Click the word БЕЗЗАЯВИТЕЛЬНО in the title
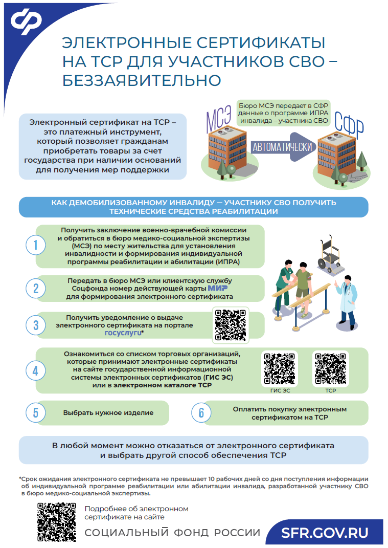click(x=142, y=80)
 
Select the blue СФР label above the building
click(x=349, y=124)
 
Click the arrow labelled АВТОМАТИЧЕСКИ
click(x=283, y=147)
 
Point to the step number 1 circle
click(x=36, y=245)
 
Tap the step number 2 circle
click(x=36, y=289)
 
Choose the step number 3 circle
click(x=36, y=325)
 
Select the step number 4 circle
click(x=36, y=371)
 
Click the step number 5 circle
click(x=36, y=413)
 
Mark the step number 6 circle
click(x=201, y=413)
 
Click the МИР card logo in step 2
click(x=218, y=289)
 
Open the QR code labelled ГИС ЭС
click(x=280, y=368)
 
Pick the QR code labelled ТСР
click(x=330, y=368)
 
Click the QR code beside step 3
click(x=231, y=325)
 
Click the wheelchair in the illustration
click(x=330, y=254)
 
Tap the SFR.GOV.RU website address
click(x=325, y=533)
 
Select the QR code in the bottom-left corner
click(x=57, y=522)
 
